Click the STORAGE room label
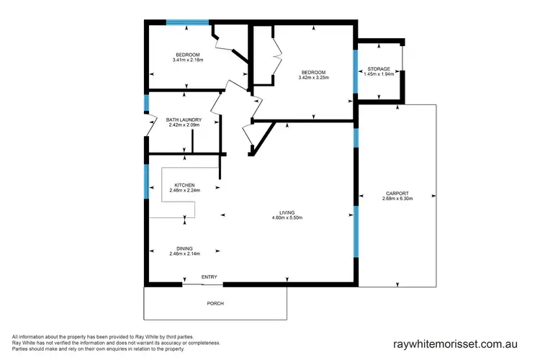[x=379, y=69]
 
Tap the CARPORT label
[x=397, y=193]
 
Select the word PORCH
[x=215, y=303]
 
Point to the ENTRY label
[x=209, y=277]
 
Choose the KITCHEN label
[x=184, y=186]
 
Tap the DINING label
[x=184, y=248]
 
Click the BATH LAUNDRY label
[x=184, y=120]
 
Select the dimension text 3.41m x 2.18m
[x=186, y=60]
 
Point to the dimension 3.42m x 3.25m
[x=314, y=78]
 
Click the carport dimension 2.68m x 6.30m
[x=397, y=199]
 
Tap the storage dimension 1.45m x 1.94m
[x=379, y=74]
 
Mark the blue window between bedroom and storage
[x=356, y=71]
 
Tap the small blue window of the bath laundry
[x=146, y=104]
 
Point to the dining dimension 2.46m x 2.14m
[x=184, y=253]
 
